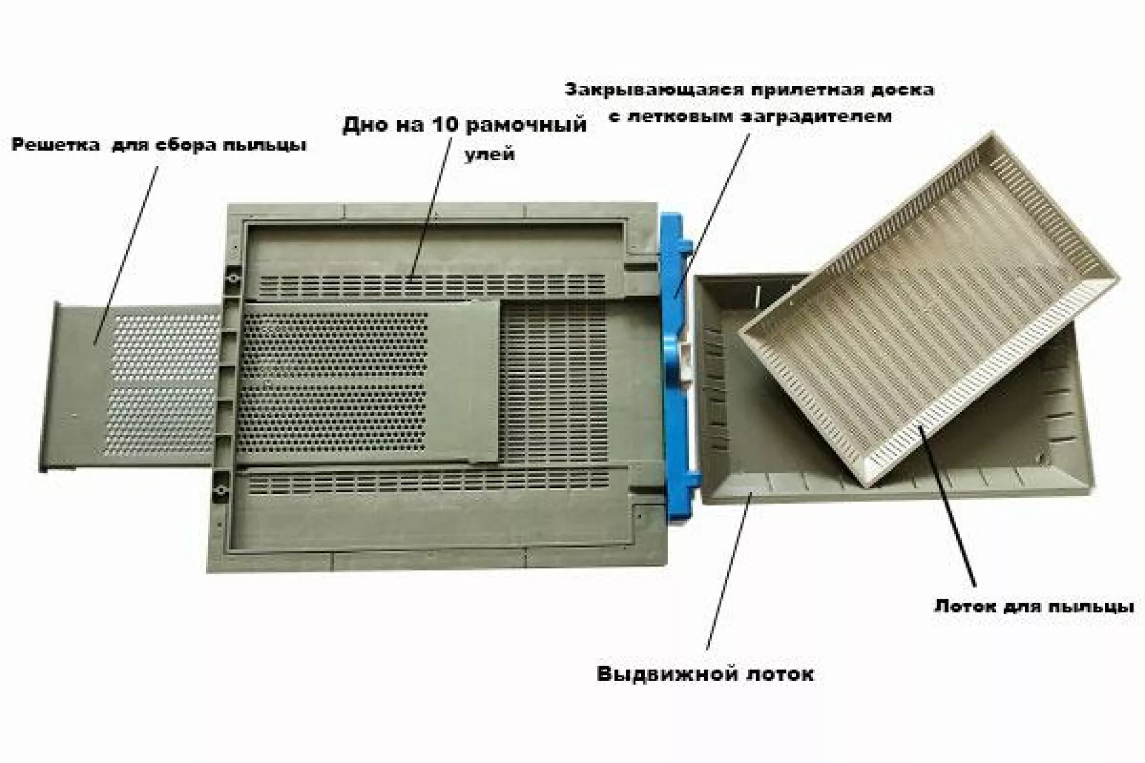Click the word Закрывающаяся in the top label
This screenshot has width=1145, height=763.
click(653, 90)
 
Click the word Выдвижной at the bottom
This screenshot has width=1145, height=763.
click(665, 674)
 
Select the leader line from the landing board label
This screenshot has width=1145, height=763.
click(716, 212)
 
